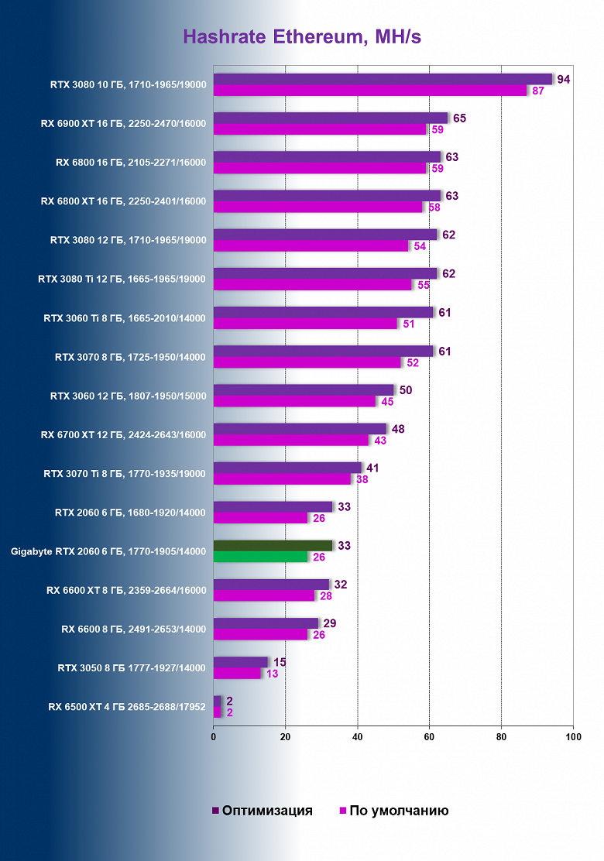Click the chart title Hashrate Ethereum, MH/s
pos(302,36)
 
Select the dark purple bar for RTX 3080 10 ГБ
pos(383,79)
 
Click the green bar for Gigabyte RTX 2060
pos(260,557)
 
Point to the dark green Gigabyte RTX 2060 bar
pos(273,545)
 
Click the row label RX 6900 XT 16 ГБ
pos(124,124)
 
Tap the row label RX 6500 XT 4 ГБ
pos(127,706)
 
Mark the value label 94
pos(564,79)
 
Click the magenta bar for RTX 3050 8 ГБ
pos(237,673)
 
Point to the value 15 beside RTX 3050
pos(280,661)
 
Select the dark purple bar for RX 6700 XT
pos(300,428)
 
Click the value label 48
pos(399,428)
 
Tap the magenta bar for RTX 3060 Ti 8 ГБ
pos(304,324)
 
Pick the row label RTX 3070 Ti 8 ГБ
pos(125,473)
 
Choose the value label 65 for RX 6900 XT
pos(459,118)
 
